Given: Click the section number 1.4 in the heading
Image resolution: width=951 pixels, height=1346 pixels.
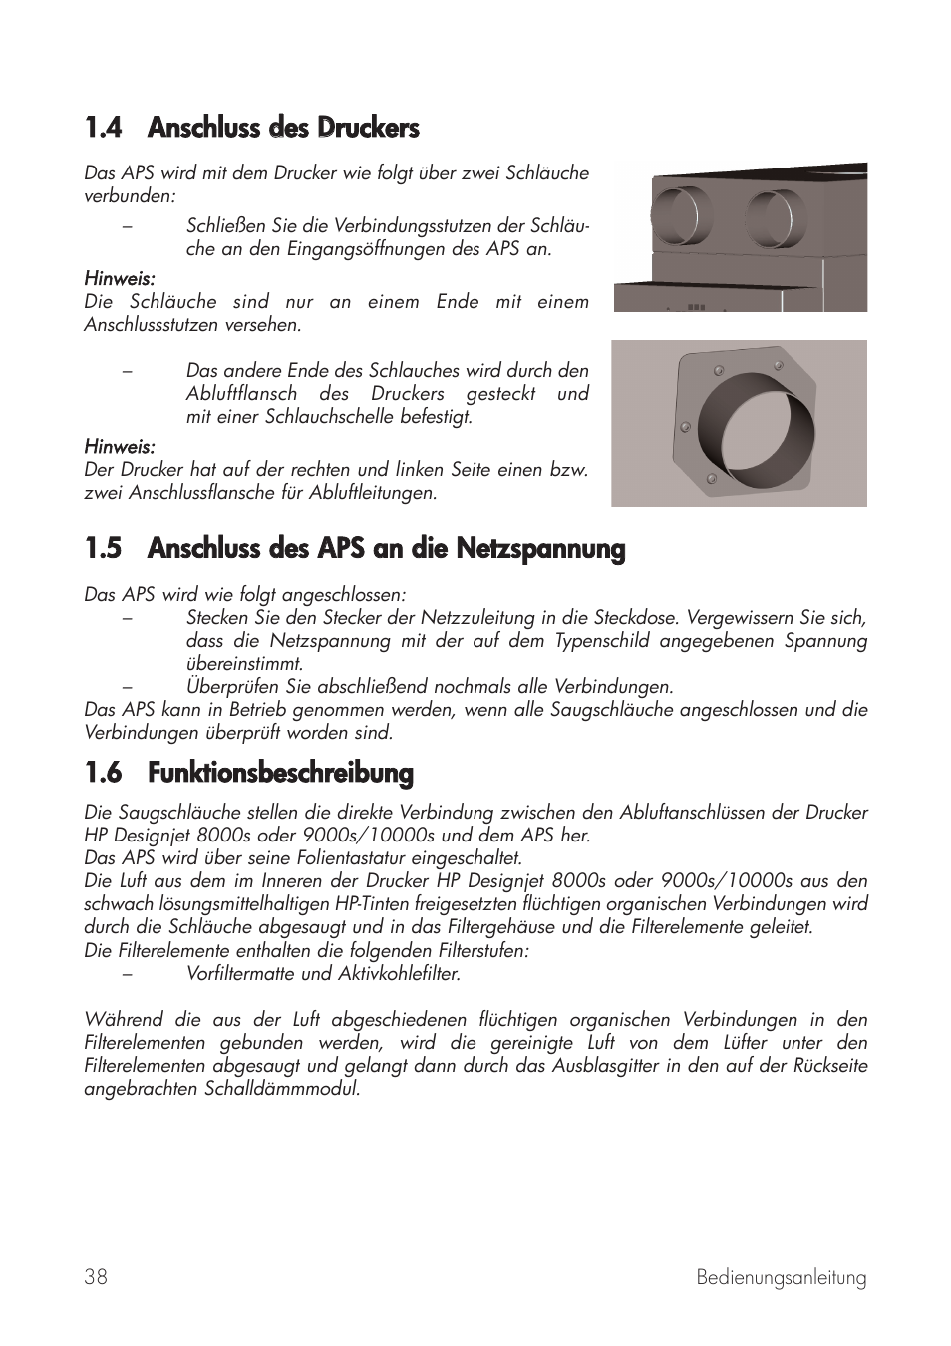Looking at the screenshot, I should (x=103, y=128).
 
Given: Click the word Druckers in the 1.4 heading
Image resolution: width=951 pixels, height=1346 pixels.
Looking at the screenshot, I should (x=368, y=128).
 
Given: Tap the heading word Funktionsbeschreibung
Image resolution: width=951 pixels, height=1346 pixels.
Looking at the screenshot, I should (x=280, y=773).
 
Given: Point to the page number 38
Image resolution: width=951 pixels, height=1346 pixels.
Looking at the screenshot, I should (x=96, y=1277).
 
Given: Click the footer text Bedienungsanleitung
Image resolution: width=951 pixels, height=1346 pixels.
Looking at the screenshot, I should (x=781, y=1278).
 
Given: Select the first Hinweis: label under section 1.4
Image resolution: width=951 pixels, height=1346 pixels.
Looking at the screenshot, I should (x=119, y=278).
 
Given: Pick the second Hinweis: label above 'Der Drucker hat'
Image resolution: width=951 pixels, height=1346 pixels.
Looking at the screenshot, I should (x=119, y=446).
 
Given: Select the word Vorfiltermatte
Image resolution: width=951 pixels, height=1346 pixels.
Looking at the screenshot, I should (x=239, y=974).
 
